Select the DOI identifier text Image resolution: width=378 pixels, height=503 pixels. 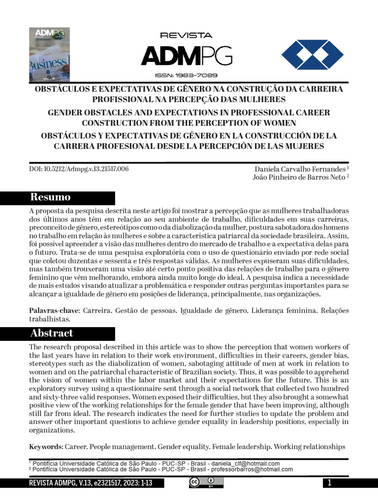[79, 169]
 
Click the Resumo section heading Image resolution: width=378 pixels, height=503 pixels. [51, 197]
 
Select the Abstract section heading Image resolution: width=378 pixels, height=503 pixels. [52, 333]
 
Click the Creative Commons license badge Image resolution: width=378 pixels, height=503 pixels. [206, 483]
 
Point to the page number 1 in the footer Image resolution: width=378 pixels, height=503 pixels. [329, 483]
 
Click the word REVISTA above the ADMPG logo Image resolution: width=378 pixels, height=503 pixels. [186, 35]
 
